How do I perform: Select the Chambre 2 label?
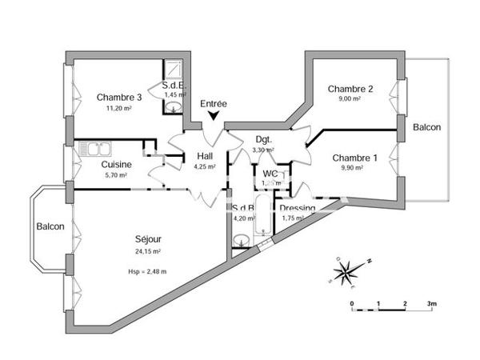point(350,89)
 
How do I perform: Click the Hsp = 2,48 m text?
point(147,271)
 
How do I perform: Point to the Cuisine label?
point(117,165)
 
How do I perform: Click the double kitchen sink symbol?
point(97,148)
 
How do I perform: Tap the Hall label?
point(204,156)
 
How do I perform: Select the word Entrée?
point(214,103)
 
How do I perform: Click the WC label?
point(270,173)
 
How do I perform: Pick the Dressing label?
point(297,208)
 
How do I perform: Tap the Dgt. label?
point(264,138)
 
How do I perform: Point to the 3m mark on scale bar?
point(431,305)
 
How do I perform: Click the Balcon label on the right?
point(426,128)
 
